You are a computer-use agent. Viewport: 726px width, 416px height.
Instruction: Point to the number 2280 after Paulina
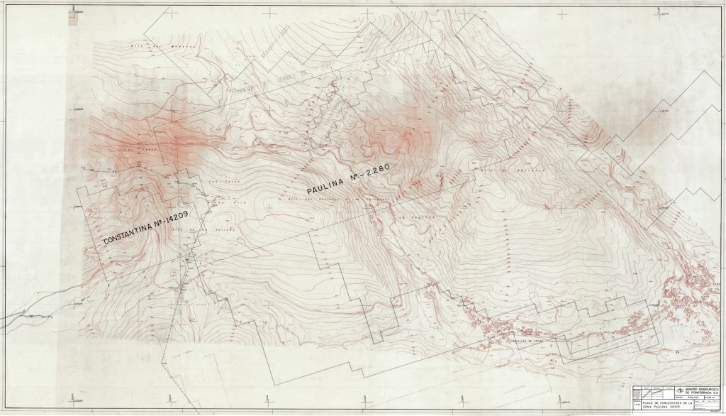point(376,172)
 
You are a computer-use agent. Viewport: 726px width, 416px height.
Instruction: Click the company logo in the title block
point(679,390)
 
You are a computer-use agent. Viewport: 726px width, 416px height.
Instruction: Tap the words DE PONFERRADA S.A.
point(702,393)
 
